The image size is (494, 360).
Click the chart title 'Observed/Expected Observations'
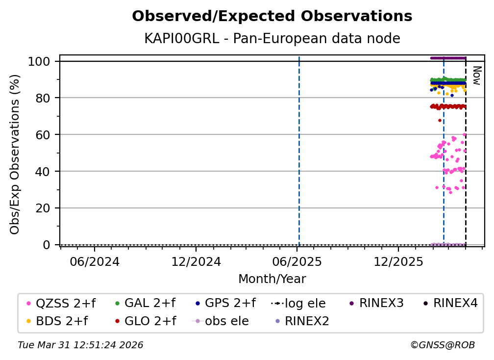coord(272,16)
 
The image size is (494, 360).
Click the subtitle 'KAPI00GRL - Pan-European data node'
coord(272,38)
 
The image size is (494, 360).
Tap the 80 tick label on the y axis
coord(43,98)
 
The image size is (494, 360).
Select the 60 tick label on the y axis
coord(43,134)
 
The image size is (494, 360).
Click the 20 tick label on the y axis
coord(43,208)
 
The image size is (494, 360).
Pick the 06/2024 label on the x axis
coord(95,261)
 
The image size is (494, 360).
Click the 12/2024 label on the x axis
coord(196,261)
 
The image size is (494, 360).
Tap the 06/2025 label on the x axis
coord(297,261)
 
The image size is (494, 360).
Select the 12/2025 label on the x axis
coord(398,261)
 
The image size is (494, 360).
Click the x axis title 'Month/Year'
coord(272,279)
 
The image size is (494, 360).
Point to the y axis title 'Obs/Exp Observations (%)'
coord(15,154)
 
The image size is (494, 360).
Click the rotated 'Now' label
coord(477,76)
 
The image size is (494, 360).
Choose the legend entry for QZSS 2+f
coord(61,303)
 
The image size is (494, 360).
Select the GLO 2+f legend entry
coord(146,321)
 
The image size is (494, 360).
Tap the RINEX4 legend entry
coord(450,303)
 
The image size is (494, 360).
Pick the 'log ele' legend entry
coord(298,304)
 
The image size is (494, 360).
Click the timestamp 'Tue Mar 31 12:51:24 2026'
coord(81,345)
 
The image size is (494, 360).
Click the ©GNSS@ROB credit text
coord(443,345)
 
